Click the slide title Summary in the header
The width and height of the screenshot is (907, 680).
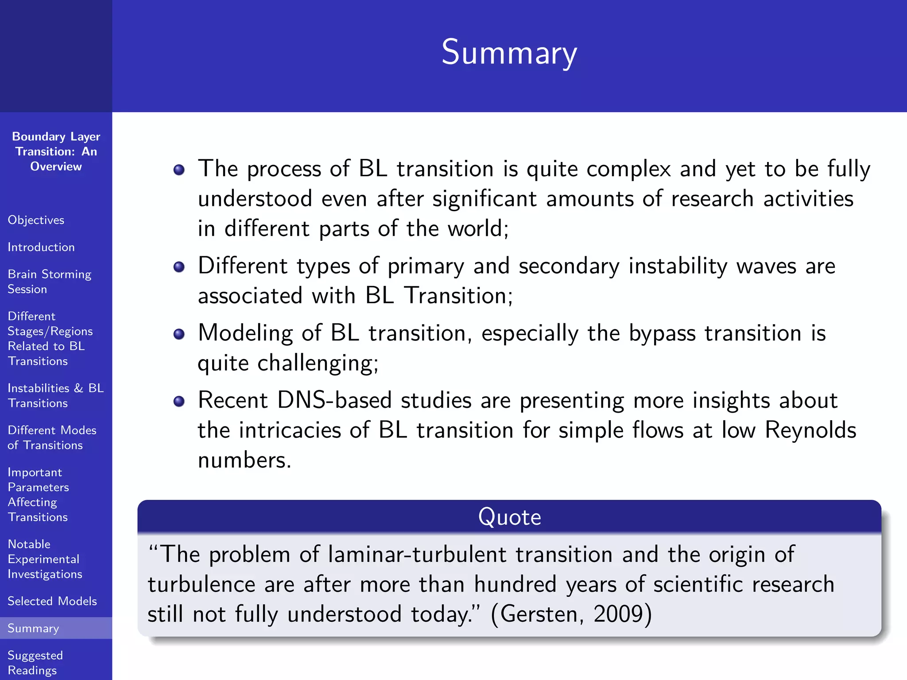[x=509, y=53]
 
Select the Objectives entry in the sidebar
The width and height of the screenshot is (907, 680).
[x=36, y=220]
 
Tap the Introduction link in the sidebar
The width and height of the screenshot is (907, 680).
[x=41, y=247]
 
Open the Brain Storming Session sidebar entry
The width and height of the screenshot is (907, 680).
[x=49, y=282]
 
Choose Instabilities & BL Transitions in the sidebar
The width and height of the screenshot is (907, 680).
[x=55, y=395]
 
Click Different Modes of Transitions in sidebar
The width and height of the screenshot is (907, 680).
[x=52, y=437]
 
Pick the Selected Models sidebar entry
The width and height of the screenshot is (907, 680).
[x=52, y=601]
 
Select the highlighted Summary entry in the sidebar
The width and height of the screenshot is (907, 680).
[x=33, y=628]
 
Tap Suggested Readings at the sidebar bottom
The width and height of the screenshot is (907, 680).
[x=35, y=662]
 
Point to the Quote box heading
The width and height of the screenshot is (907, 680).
[x=509, y=517]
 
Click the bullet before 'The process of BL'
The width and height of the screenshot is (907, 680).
[x=179, y=170]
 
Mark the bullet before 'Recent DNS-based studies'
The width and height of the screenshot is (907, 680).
[x=179, y=402]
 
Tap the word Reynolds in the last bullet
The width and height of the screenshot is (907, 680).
[x=810, y=430]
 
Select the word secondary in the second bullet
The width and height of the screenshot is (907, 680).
[x=569, y=266]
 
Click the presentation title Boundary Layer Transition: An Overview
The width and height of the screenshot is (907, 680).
[x=56, y=151]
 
